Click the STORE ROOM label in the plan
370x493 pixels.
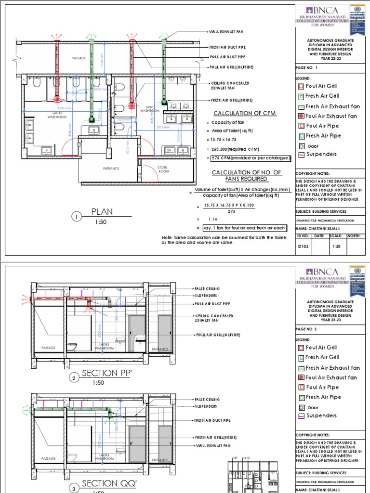pos(164,169)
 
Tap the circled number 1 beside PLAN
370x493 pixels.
pos(76,218)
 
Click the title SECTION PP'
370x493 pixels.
pos(106,373)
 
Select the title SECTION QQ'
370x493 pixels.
pos(106,483)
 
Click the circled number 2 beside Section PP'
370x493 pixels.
pos(75,378)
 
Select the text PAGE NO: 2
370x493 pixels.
pos(307,328)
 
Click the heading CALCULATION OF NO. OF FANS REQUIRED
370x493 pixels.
pos(240,176)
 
